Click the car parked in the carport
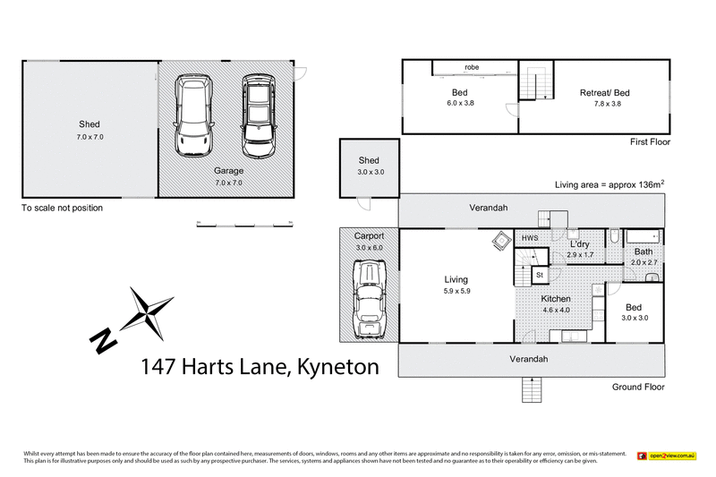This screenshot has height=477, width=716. (368, 299)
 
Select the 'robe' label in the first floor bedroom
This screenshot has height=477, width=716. (472, 67)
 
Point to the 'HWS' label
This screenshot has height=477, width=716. (529, 238)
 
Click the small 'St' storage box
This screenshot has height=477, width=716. (540, 275)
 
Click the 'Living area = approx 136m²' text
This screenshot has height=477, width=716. (609, 184)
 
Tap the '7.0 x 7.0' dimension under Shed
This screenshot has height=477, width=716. (89, 138)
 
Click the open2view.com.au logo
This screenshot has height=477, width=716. (670, 456)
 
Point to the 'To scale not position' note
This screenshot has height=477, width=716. (62, 208)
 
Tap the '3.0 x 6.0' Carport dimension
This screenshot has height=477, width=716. (368, 247)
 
